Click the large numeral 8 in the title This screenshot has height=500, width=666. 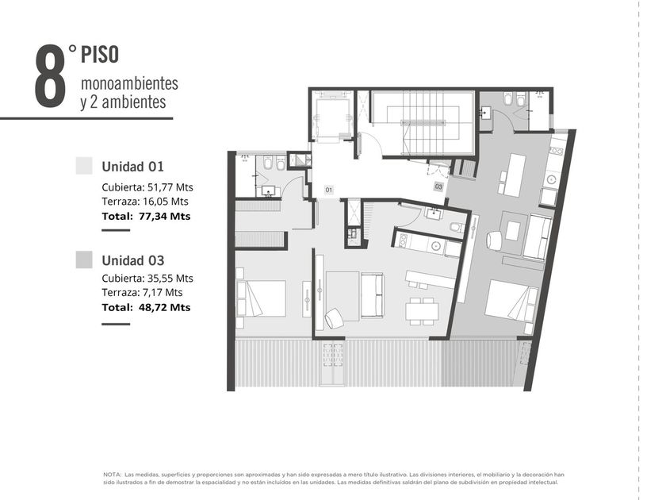pyautogui.click(x=50, y=75)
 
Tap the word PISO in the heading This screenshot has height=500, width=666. pyautogui.click(x=100, y=55)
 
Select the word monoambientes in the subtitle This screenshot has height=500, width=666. pyautogui.click(x=129, y=84)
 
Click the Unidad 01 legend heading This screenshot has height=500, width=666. pyautogui.click(x=132, y=166)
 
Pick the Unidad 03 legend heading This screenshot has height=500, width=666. pyautogui.click(x=132, y=260)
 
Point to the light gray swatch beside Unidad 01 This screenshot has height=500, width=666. pyautogui.click(x=84, y=166)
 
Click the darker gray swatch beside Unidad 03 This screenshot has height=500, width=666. pyautogui.click(x=84, y=260)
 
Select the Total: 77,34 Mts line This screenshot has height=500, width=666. pyautogui.click(x=146, y=216)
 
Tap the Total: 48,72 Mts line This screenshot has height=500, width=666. pyautogui.click(x=146, y=307)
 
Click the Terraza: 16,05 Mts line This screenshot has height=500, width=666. pyautogui.click(x=145, y=202)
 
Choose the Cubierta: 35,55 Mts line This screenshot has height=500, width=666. pyautogui.click(x=147, y=279)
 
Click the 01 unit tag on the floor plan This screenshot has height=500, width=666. pyautogui.click(x=329, y=190)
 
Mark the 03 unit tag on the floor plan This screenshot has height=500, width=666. pyautogui.click(x=438, y=187)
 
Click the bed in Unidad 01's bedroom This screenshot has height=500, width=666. pyautogui.click(x=261, y=298)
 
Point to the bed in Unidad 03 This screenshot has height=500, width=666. pyautogui.click(x=511, y=301)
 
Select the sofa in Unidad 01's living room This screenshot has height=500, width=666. pyautogui.click(x=372, y=295)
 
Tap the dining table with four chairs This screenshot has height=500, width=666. pyautogui.click(x=422, y=311)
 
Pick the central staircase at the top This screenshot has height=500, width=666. pyautogui.click(x=423, y=122)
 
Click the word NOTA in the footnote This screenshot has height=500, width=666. pyautogui.click(x=112, y=475)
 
